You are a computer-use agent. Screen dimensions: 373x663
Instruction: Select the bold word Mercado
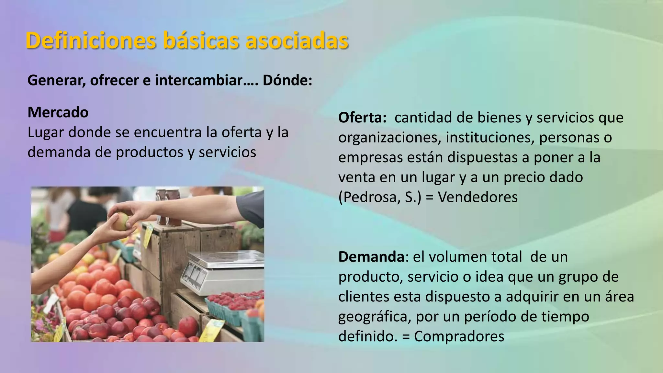(58, 112)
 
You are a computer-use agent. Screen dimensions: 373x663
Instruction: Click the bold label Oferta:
(362, 118)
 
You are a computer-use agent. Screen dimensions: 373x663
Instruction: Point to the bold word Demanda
(371, 257)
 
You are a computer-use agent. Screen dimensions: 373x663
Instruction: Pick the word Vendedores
(478, 197)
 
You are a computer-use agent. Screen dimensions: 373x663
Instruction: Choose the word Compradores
(459, 336)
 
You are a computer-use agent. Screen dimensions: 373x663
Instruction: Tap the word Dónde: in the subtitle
(287, 80)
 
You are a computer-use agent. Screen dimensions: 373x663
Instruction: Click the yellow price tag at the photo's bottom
(211, 330)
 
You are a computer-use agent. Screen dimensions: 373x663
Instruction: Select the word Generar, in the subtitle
(57, 80)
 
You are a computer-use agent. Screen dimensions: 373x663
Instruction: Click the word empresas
(368, 158)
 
